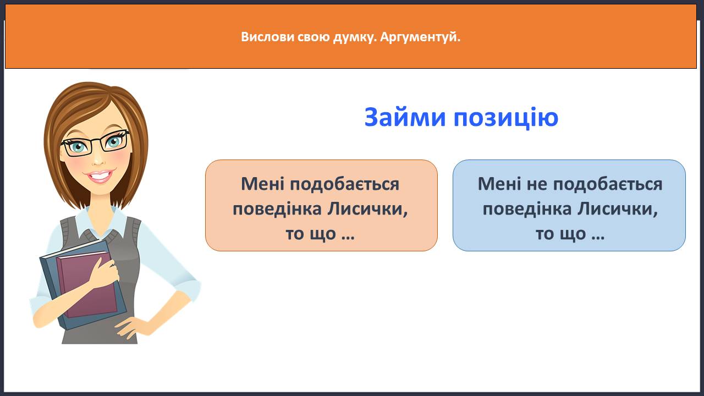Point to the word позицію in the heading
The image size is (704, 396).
pyautogui.click(x=506, y=118)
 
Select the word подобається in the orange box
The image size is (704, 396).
pyautogui.click(x=344, y=184)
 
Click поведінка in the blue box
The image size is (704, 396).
pyautogui.click(x=527, y=209)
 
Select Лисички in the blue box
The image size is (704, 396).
pyautogui.click(x=618, y=209)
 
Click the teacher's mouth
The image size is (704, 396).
pyautogui.click(x=100, y=176)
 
